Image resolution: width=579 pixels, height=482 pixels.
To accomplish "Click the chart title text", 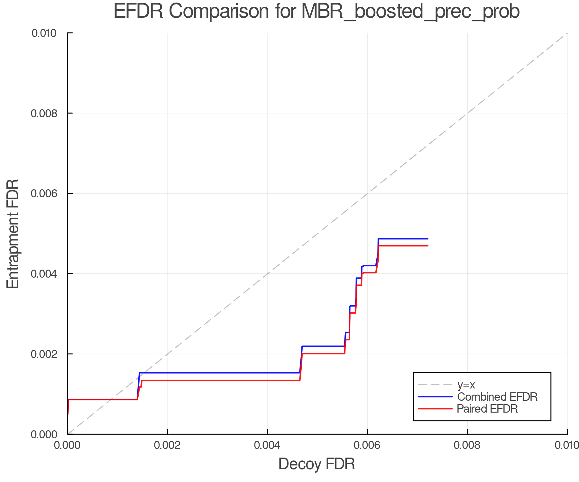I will tap(317, 12).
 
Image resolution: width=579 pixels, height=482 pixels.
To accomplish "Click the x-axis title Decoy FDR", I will tap(317, 464).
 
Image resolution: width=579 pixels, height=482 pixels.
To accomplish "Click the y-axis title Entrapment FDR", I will tap(13, 234).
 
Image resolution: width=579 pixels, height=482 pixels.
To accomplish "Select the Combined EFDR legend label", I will tap(497, 397).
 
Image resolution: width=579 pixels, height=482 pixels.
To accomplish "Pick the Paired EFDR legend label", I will tap(487, 409).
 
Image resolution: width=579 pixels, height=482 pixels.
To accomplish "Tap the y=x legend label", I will tap(466, 385).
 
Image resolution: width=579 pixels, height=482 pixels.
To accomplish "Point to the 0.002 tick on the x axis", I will tap(168, 445).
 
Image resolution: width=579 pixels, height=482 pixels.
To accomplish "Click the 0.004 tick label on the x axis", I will tap(268, 445).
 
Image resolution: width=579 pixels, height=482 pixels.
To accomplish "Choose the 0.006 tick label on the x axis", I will tap(367, 445).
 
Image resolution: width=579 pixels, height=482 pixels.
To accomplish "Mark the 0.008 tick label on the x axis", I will tap(467, 445).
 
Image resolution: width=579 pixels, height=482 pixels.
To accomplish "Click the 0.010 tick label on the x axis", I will tap(567, 445).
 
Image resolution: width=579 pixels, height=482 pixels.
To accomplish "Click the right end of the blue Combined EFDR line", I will tap(427, 239).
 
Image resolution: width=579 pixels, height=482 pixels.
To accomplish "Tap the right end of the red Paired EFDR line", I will tap(427, 246).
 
